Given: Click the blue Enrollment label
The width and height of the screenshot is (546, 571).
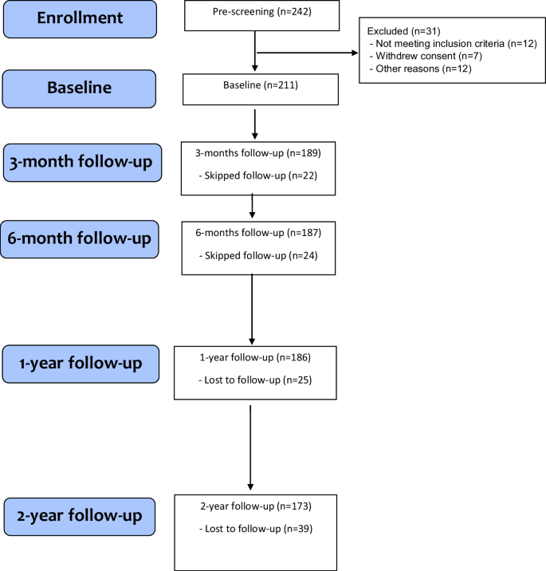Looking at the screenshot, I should point(81,18).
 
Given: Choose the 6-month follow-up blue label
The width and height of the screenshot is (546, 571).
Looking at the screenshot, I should point(80,238).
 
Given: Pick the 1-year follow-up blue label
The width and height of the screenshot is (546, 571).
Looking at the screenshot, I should point(84,364).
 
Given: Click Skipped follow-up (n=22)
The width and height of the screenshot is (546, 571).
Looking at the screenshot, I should point(256,175).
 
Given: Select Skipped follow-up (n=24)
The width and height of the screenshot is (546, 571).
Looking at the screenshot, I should point(256,255).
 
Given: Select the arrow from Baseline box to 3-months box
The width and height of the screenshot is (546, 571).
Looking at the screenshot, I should point(254,124).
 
